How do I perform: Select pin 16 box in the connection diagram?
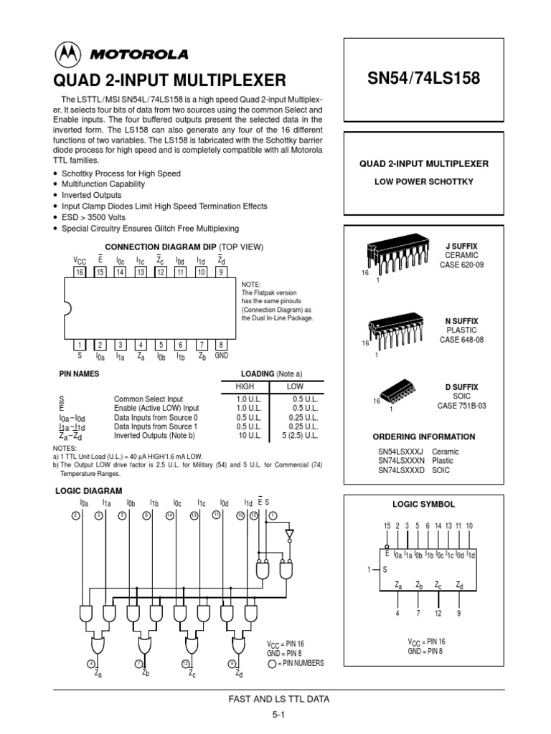click(x=79, y=273)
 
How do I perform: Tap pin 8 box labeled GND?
click(x=221, y=345)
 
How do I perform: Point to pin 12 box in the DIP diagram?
click(x=161, y=273)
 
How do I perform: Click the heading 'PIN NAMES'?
click(x=78, y=374)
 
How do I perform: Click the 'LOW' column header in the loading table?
click(x=295, y=386)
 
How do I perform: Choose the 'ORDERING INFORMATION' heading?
click(x=423, y=437)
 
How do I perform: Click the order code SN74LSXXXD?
click(x=402, y=471)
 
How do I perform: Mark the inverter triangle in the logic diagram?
click(x=289, y=534)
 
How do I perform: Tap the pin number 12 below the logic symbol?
click(x=438, y=613)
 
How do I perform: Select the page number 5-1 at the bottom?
click(x=279, y=715)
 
